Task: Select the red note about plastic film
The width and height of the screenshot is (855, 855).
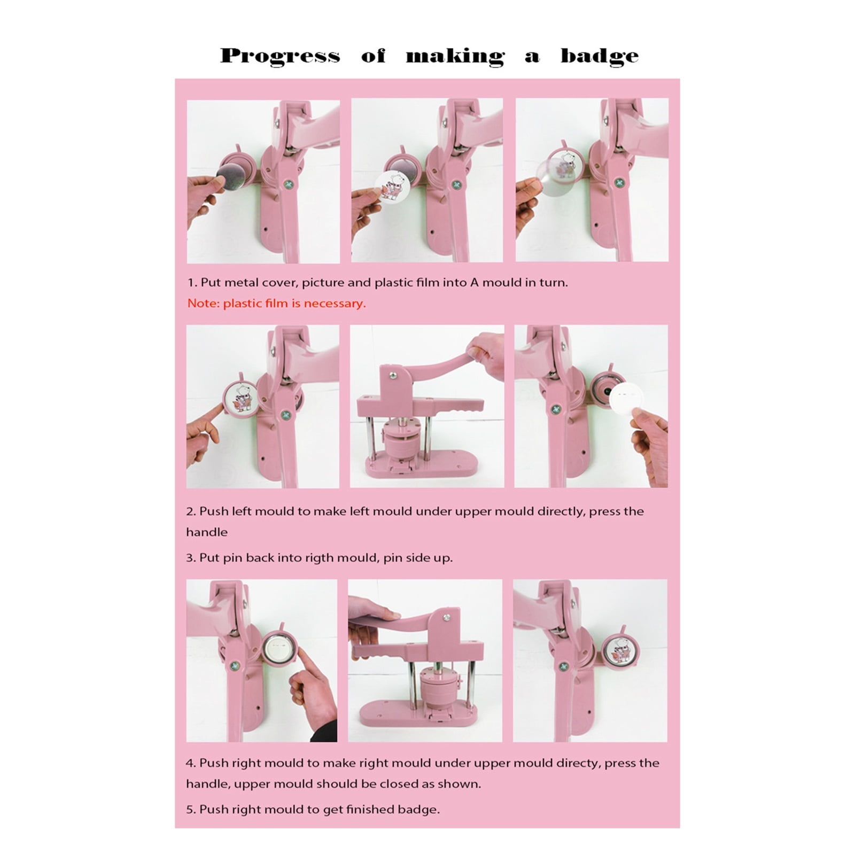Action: tap(276, 304)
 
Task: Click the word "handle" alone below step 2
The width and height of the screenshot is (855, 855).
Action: tap(207, 532)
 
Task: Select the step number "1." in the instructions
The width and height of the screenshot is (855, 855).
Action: tap(192, 283)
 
